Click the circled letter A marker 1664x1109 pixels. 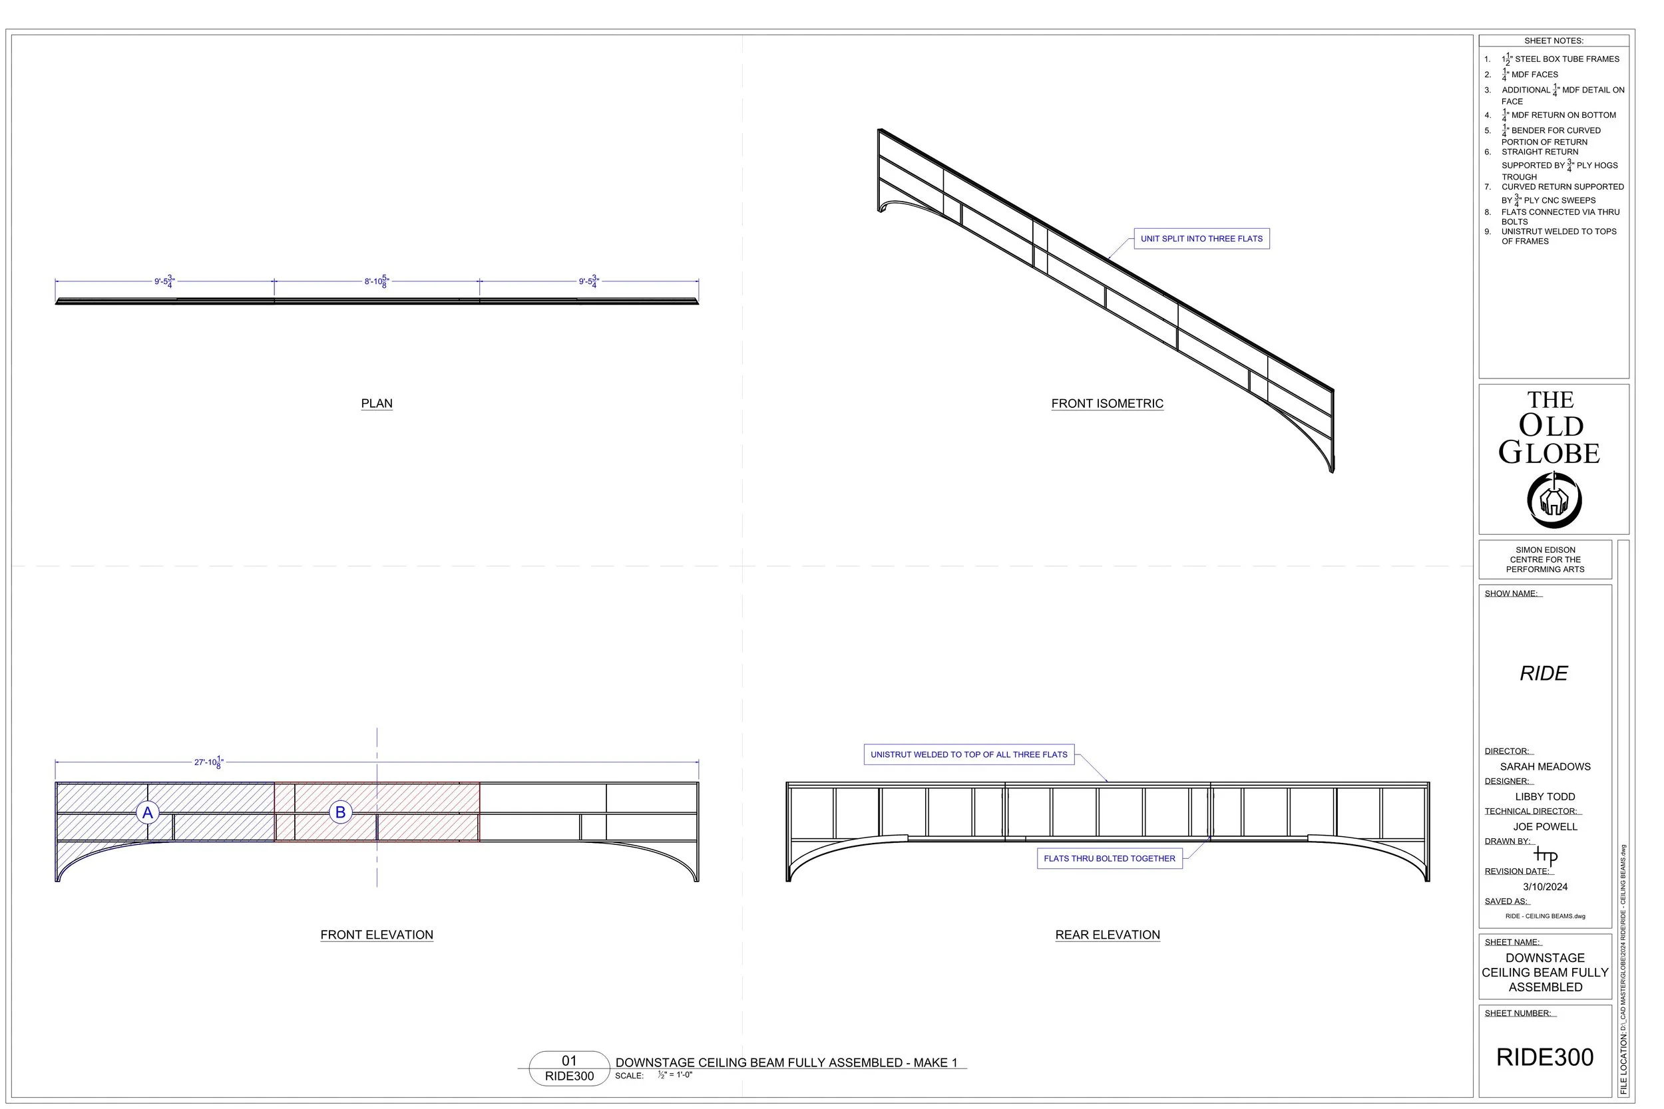click(147, 813)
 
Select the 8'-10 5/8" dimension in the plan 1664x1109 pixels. click(376, 281)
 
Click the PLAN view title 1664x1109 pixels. click(376, 404)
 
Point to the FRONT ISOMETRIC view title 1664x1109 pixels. click(1107, 404)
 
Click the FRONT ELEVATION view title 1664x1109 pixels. click(376, 935)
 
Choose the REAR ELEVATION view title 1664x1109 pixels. click(1107, 935)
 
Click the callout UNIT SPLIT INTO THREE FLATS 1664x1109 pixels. click(1201, 239)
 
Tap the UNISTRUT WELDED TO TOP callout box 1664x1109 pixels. click(968, 754)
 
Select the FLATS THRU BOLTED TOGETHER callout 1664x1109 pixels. click(1110, 859)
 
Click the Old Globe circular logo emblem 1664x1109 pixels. click(1554, 501)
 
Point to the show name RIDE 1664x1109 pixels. click(1544, 673)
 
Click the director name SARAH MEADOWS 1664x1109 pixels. click(1545, 766)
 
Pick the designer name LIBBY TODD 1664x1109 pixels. click(1545, 796)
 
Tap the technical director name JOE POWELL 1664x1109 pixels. click(1545, 827)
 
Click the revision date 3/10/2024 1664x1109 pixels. click(1545, 887)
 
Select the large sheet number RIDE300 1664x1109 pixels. click(1545, 1057)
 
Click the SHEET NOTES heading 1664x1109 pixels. click(1554, 41)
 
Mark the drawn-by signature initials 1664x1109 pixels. click(1545, 856)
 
